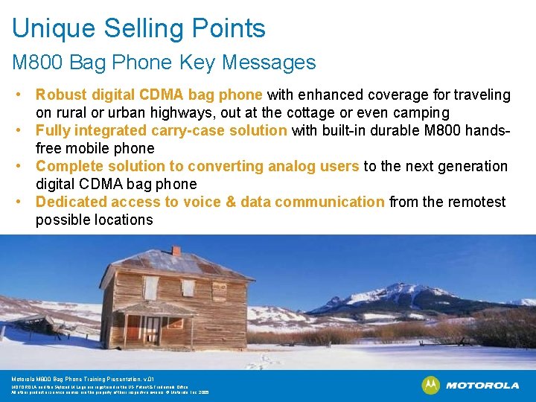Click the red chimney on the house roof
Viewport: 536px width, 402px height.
(x=176, y=251)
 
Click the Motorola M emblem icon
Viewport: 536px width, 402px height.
(x=430, y=385)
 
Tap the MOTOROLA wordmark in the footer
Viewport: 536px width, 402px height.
(x=482, y=386)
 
